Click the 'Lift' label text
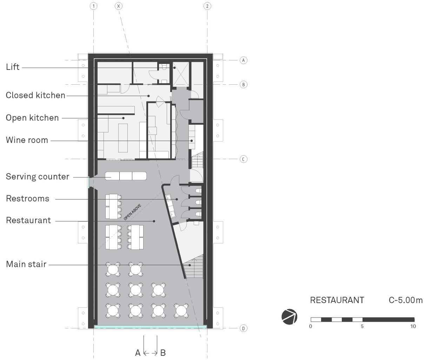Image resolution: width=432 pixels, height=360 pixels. click(x=13, y=67)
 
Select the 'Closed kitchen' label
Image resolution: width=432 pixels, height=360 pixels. click(x=35, y=95)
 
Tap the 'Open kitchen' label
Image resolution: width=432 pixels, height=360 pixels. click(x=32, y=118)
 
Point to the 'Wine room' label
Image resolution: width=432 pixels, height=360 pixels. click(x=27, y=140)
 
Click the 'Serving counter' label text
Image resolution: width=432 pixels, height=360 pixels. click(x=38, y=176)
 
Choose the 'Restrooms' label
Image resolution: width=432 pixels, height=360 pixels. click(x=27, y=198)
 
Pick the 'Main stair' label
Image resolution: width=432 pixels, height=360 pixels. click(x=26, y=264)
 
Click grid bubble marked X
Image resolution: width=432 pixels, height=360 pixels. click(x=119, y=6)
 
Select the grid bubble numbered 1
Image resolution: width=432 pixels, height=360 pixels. click(x=93, y=6)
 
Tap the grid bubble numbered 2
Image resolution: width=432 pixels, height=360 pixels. click(x=207, y=6)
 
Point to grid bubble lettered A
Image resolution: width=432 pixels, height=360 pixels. click(x=244, y=60)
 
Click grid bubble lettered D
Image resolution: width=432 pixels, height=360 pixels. click(x=244, y=328)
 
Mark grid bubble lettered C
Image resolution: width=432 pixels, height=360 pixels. click(x=244, y=159)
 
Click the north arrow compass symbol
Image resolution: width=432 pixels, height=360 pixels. click(x=289, y=317)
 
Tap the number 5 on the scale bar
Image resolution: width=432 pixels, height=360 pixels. click(x=362, y=326)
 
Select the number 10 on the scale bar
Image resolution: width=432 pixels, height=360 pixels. click(x=413, y=326)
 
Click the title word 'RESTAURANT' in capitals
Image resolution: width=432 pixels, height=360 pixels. click(x=337, y=300)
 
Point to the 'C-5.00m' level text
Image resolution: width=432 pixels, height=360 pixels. click(x=406, y=300)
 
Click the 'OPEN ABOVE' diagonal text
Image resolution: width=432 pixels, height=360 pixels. click(x=132, y=212)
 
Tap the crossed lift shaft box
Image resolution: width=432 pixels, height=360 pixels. click(x=181, y=74)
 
